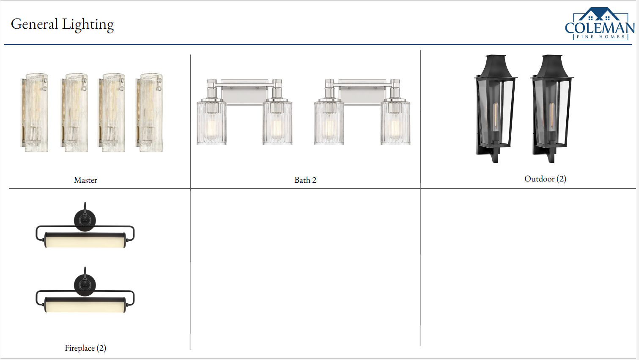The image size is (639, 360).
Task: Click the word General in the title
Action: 35,24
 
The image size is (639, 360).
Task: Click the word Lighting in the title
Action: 88,25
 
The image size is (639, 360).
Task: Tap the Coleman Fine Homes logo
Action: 600,24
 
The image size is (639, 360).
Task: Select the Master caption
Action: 85,180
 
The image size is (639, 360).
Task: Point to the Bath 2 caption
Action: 305,180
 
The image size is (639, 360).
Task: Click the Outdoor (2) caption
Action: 545,179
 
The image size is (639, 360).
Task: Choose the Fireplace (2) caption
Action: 85,348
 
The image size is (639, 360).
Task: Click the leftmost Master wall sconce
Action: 34,113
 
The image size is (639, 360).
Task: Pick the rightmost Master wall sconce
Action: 149,113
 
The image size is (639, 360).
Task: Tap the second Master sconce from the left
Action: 74,113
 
